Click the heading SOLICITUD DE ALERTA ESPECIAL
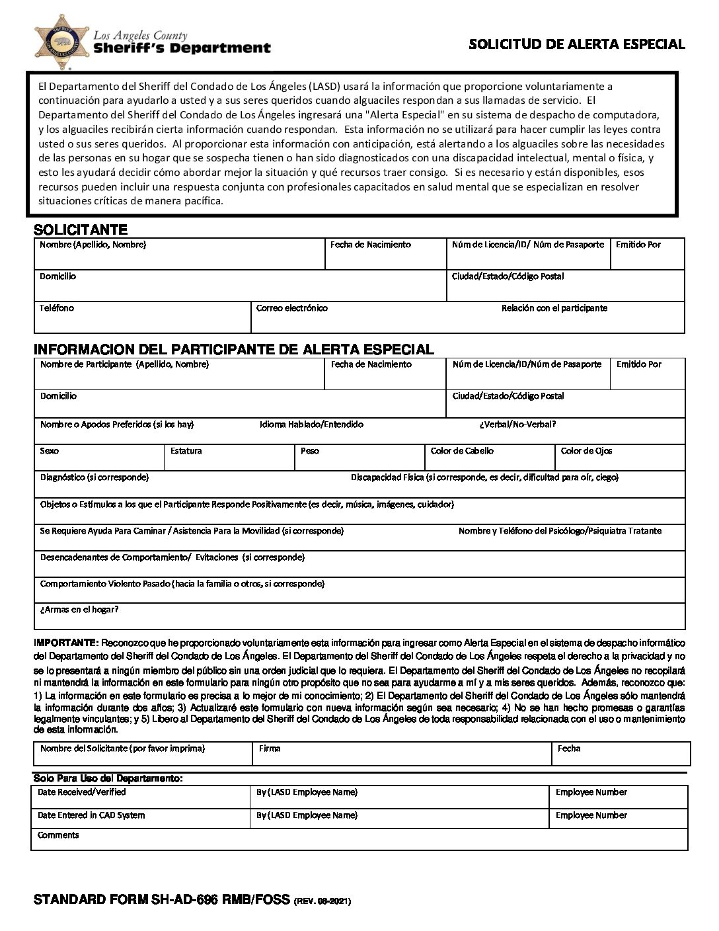click(x=576, y=44)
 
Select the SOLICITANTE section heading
click(x=80, y=230)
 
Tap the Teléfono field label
click(x=57, y=308)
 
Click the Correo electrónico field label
click(x=291, y=308)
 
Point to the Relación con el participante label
click(x=554, y=308)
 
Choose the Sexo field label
click(x=50, y=451)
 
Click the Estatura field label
click(x=186, y=451)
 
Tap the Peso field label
click(x=310, y=451)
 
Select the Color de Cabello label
click(x=462, y=451)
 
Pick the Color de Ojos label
click(x=586, y=451)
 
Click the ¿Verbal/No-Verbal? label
click(x=517, y=425)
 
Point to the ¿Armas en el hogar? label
click(x=79, y=610)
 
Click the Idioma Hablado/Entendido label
click(x=311, y=425)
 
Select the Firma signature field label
click(x=270, y=749)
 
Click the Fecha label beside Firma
click(x=569, y=749)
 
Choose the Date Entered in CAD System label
click(x=91, y=815)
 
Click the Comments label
click(x=58, y=835)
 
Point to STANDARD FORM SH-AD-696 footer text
click(x=162, y=899)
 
